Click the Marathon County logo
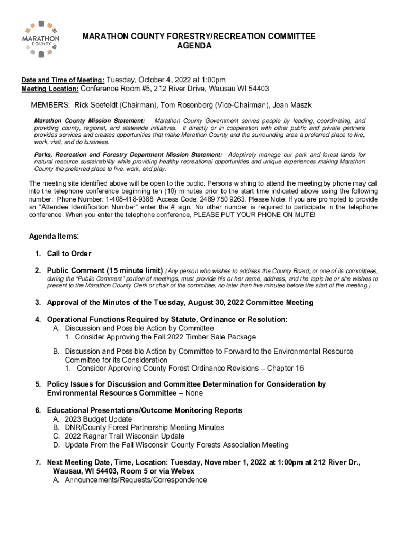point(41,38)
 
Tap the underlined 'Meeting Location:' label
point(50,89)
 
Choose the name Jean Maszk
point(291,105)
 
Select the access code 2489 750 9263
point(209,199)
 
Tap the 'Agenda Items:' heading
point(54,236)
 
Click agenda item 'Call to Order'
point(69,253)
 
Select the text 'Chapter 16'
point(286,368)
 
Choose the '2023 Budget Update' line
point(99,419)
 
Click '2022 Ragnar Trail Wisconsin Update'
point(125,436)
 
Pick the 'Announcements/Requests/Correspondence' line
point(136,480)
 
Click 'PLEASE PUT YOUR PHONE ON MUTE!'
point(254,216)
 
